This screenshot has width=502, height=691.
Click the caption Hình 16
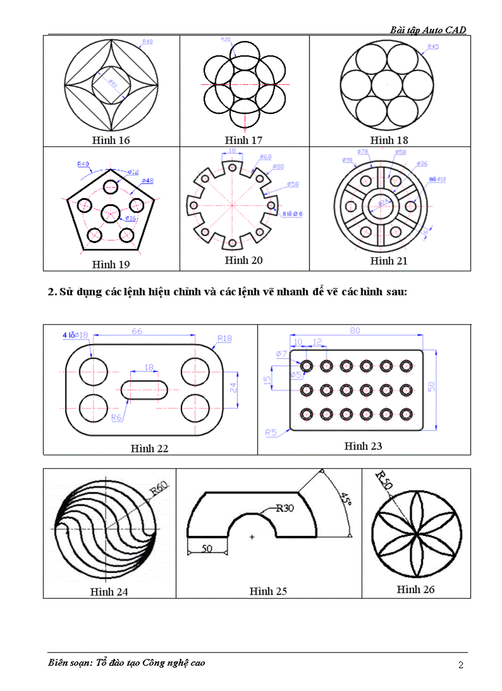tap(111, 140)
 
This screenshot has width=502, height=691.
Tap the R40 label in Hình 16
tap(147, 42)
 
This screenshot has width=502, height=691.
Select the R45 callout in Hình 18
tap(432, 47)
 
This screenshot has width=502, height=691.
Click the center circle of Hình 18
tap(388, 82)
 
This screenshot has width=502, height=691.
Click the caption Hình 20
tap(244, 261)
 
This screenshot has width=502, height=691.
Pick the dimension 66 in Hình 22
tap(137, 331)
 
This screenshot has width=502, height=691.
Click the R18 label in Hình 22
tap(224, 338)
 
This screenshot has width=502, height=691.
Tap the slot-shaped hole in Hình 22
tap(145, 389)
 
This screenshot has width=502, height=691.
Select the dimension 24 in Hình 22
tap(233, 388)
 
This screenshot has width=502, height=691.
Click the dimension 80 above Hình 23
tap(354, 331)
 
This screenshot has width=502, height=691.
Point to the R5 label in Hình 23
tap(271, 433)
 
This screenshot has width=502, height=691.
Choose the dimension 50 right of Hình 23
tap(431, 386)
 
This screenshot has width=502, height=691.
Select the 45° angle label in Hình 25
tap(346, 497)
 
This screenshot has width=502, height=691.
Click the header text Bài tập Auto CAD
tap(428, 30)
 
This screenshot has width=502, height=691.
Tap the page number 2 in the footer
tap(461, 665)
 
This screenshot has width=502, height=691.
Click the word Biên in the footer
tap(59, 663)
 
